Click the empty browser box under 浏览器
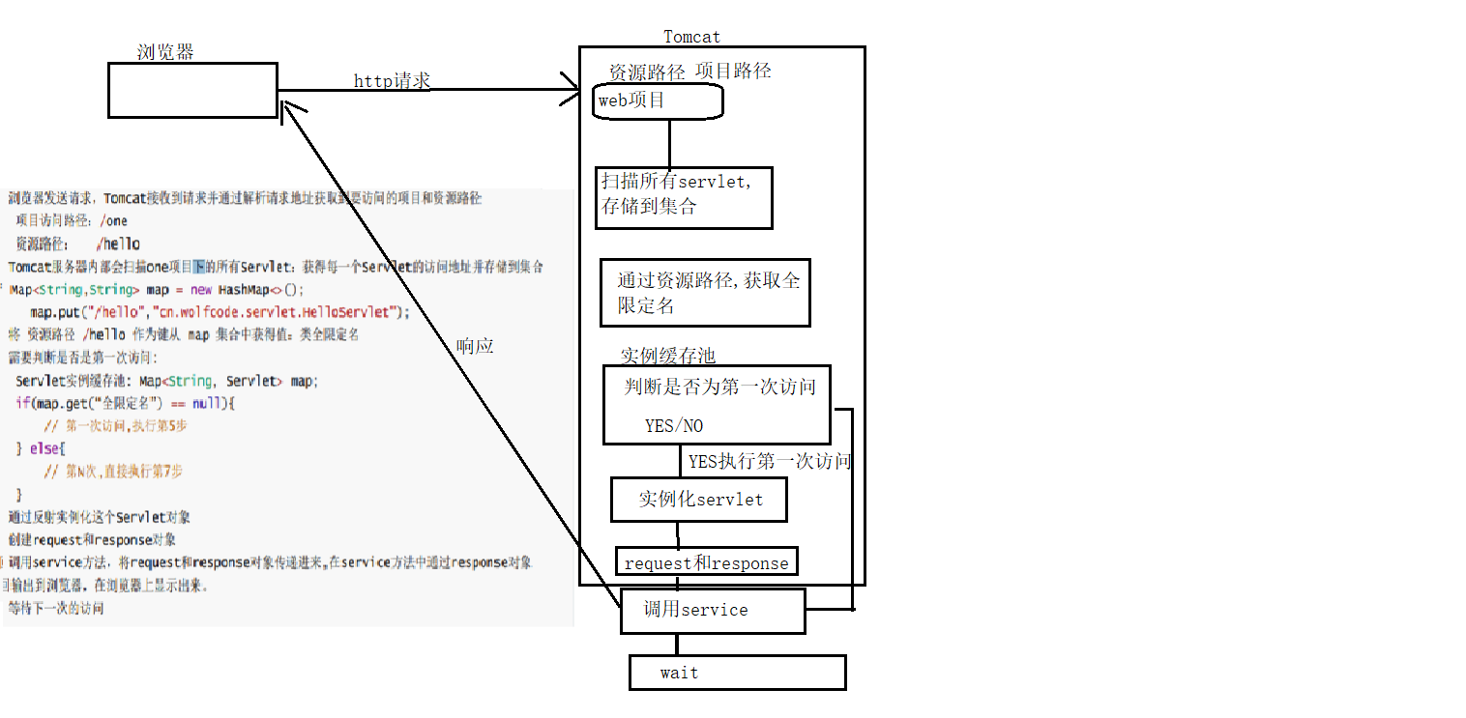[191, 91]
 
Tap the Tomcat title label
[691, 37]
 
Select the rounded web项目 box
[658, 101]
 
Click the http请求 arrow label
[392, 81]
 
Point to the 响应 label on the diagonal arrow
[474, 346]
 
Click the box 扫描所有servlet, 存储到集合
[683, 197]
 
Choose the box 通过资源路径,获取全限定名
[705, 293]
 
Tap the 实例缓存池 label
[667, 356]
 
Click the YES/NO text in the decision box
[674, 426]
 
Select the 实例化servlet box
[699, 501]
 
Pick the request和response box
[707, 562]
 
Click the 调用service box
[712, 611]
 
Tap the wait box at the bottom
[737, 673]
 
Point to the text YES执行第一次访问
[769, 462]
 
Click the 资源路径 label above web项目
[646, 72]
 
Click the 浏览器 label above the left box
[165, 52]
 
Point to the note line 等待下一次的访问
[56, 609]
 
